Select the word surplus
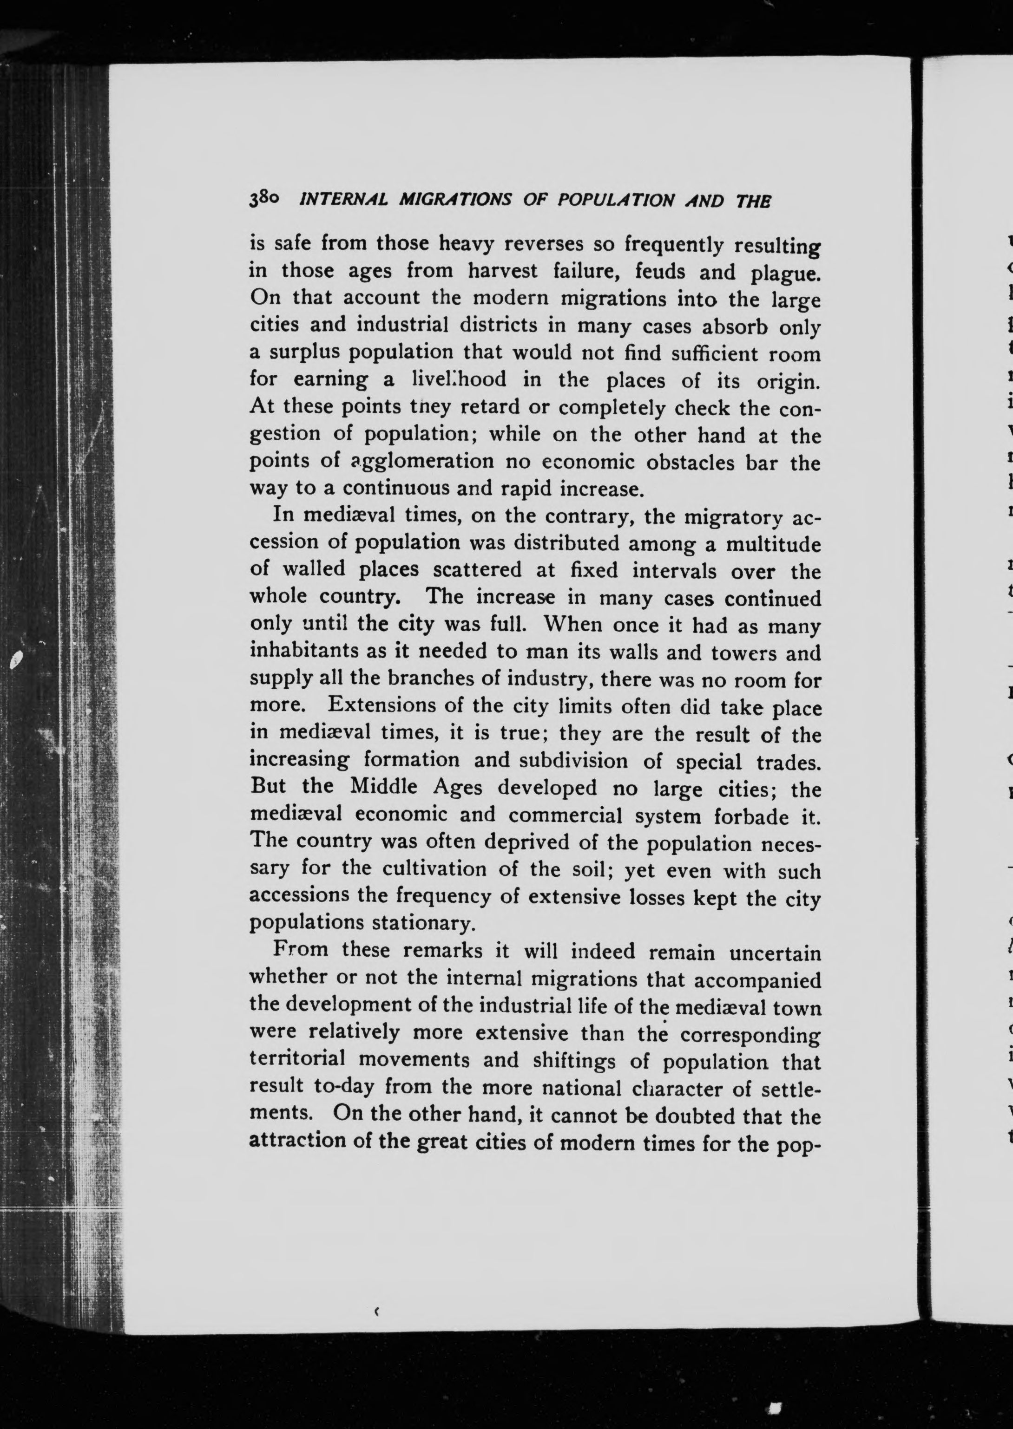(305, 353)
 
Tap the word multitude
(773, 544)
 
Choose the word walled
(313, 570)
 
